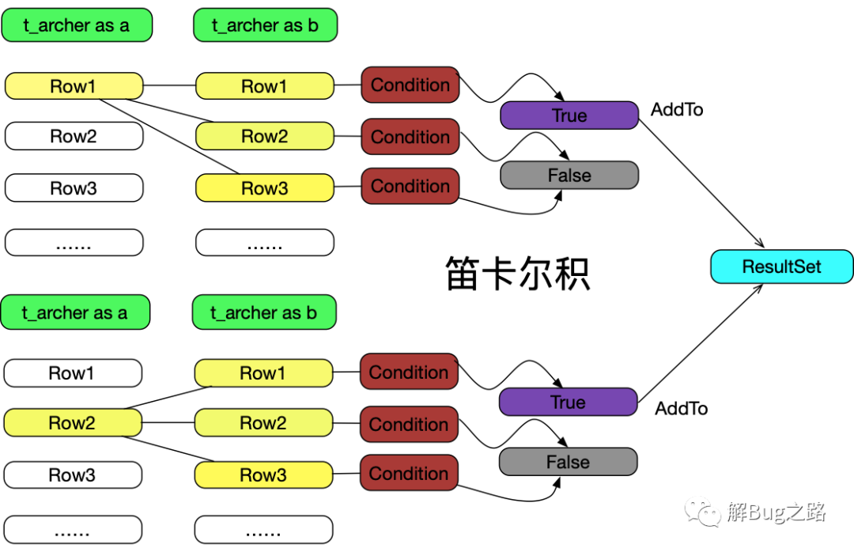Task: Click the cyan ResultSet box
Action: click(x=781, y=267)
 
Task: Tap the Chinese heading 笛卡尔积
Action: click(x=517, y=274)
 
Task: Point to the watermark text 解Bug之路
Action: click(x=777, y=512)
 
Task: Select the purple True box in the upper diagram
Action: click(x=569, y=115)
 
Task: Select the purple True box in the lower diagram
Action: click(x=568, y=402)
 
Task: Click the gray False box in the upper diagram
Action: click(x=569, y=175)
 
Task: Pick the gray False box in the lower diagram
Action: click(x=568, y=462)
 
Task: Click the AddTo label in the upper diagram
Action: click(x=677, y=109)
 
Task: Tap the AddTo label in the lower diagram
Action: click(x=682, y=408)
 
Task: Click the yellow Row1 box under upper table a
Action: click(x=74, y=86)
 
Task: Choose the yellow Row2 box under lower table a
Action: click(x=73, y=423)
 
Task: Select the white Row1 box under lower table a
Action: click(x=73, y=373)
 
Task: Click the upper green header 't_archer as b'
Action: click(x=265, y=25)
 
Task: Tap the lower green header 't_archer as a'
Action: click(x=75, y=312)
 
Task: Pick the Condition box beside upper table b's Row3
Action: click(x=410, y=186)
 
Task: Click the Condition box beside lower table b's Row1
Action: click(x=409, y=372)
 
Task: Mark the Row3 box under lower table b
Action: click(x=263, y=474)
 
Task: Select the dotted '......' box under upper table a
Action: click(x=74, y=243)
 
